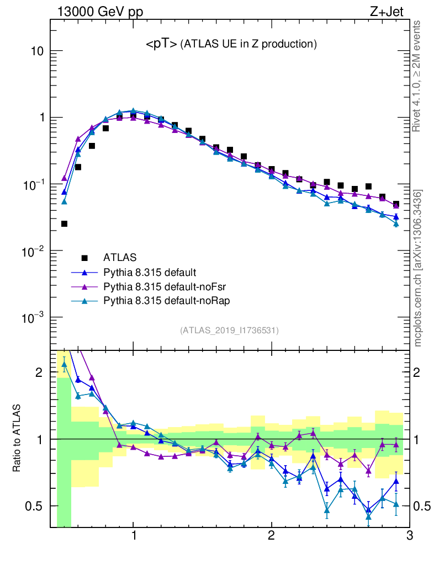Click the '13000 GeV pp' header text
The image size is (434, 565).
click(100, 12)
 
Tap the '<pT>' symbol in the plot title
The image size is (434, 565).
click(161, 45)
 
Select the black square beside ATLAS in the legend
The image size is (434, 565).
click(84, 257)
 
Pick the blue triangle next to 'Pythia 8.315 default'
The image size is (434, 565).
click(84, 272)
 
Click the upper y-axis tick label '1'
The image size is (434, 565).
click(40, 118)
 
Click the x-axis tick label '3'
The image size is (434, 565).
click(409, 536)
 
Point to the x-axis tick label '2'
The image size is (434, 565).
click(271, 536)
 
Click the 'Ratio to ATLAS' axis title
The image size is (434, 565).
click(18, 439)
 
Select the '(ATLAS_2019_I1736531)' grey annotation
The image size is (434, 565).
click(229, 331)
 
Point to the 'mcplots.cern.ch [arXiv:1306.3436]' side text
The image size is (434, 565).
click(418, 268)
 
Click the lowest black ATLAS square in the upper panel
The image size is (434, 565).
click(64, 223)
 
